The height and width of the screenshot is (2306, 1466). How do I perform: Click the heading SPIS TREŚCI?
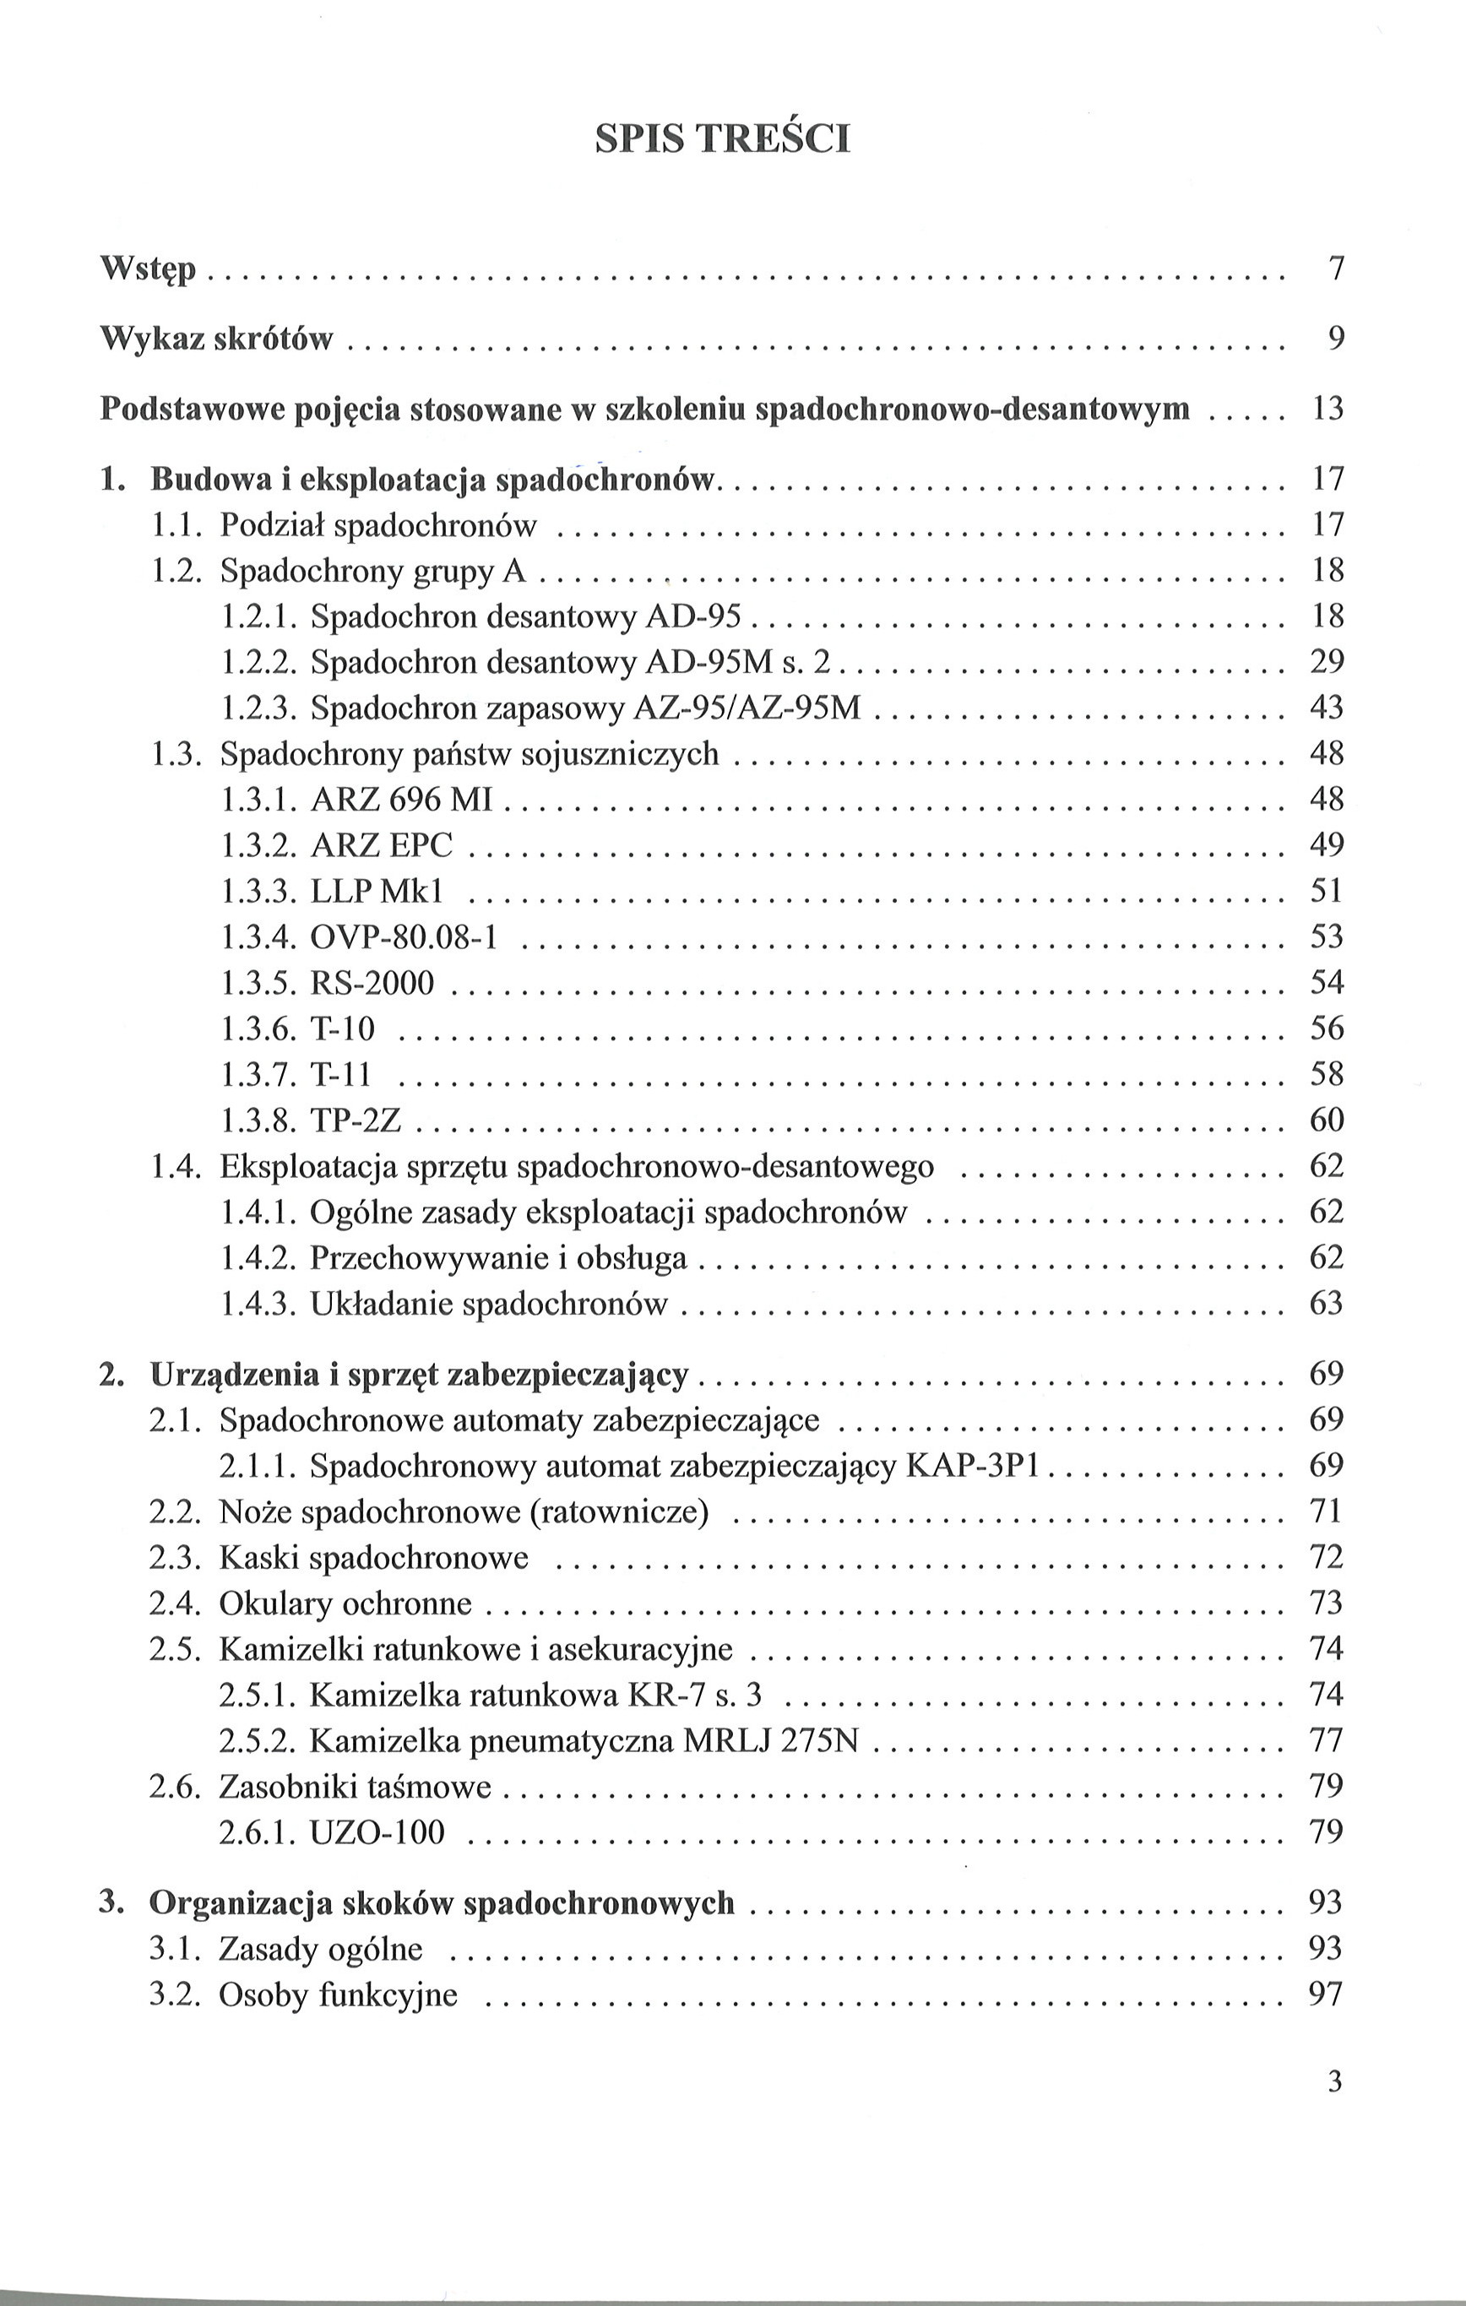(722, 140)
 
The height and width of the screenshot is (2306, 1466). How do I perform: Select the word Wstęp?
(148, 269)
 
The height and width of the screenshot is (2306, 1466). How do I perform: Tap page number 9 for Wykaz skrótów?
(1336, 338)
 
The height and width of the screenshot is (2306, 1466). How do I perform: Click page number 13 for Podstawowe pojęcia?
(1328, 409)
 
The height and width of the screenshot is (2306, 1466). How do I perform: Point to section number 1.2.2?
(260, 662)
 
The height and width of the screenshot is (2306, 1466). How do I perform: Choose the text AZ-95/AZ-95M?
(747, 708)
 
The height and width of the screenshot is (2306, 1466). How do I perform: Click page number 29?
(1328, 662)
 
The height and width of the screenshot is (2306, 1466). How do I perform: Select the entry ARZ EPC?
(381, 845)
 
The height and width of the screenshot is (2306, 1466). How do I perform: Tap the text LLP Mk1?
(377, 892)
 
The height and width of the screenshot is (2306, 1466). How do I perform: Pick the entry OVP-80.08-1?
(405, 936)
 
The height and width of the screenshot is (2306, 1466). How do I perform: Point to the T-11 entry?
(340, 1075)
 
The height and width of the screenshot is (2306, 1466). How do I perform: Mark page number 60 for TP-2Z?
(1328, 1120)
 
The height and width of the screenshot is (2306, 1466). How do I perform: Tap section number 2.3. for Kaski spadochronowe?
(176, 1558)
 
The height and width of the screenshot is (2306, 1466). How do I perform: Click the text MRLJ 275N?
(771, 1741)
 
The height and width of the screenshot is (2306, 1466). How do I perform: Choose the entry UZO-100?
(377, 1833)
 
